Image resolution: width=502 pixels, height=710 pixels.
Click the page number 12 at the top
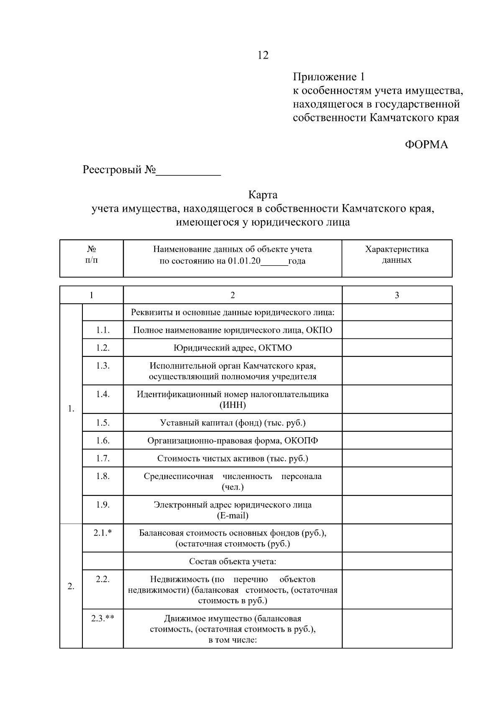click(x=263, y=55)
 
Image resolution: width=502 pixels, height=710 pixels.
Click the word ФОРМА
click(x=426, y=145)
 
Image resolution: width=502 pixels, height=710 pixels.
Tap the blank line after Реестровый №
click(x=188, y=171)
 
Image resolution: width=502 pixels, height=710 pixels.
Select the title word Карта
click(x=263, y=195)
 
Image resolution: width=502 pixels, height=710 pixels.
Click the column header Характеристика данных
click(x=397, y=255)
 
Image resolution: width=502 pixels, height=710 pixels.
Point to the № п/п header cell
click(x=92, y=255)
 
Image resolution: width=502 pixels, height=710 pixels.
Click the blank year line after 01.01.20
click(x=274, y=261)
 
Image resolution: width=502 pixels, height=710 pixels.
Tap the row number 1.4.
click(x=102, y=394)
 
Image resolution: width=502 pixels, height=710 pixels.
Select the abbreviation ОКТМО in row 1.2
click(x=275, y=348)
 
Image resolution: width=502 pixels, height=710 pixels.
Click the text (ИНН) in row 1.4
click(x=233, y=405)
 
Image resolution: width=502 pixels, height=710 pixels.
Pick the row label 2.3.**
click(x=102, y=618)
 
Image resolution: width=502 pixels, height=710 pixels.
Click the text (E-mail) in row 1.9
click(x=233, y=515)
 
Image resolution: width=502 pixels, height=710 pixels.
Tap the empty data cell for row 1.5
click(x=397, y=423)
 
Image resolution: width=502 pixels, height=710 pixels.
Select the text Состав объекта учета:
click(x=233, y=561)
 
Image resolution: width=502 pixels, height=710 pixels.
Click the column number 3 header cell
click(x=397, y=295)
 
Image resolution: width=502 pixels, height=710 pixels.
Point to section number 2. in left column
click(x=71, y=587)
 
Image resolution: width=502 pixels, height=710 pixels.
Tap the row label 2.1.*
click(x=102, y=533)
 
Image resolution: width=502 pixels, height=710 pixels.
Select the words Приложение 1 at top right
click(x=329, y=77)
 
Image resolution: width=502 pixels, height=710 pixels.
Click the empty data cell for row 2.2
click(x=397, y=590)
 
